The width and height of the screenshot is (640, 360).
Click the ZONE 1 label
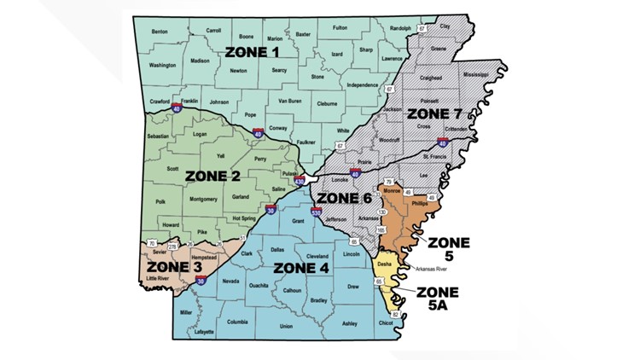coord(252,52)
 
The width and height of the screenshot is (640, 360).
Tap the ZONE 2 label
coord(212,176)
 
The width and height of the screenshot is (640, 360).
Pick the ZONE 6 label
coord(344,198)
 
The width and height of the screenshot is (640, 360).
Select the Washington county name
coord(162,65)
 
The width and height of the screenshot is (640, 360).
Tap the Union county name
coord(286,326)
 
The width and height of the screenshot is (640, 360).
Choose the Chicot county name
coord(387,322)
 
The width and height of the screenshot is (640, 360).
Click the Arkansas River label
coord(428,269)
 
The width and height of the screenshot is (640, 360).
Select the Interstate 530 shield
coord(317,212)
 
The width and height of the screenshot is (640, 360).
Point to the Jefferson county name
coord(336,219)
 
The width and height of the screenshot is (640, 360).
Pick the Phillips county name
coord(418,205)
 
